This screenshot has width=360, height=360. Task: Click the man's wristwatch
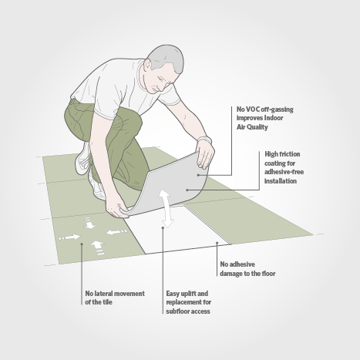(204, 140)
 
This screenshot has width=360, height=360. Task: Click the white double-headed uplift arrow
(166, 208)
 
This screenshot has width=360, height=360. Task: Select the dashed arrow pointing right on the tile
(69, 237)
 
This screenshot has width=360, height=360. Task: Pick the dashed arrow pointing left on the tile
(116, 232)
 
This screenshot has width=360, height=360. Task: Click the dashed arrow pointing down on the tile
(89, 223)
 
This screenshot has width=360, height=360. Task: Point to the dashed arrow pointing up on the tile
(97, 248)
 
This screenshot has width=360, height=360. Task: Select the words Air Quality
(252, 127)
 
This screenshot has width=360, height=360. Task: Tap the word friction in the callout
(289, 154)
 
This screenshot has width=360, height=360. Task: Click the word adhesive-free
(284, 172)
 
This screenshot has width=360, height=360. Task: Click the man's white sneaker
(82, 158)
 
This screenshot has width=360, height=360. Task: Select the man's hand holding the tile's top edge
(205, 154)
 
